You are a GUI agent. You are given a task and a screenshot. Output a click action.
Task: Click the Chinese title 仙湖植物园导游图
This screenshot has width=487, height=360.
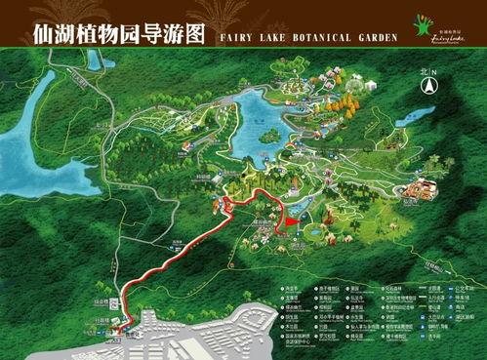[105, 33]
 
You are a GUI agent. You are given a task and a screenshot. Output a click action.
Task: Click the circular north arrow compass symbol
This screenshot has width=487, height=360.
[427, 87]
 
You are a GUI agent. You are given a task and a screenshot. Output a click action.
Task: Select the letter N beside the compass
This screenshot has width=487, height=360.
[435, 73]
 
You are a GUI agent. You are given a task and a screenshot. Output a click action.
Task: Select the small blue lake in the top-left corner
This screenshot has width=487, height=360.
[95, 60]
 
